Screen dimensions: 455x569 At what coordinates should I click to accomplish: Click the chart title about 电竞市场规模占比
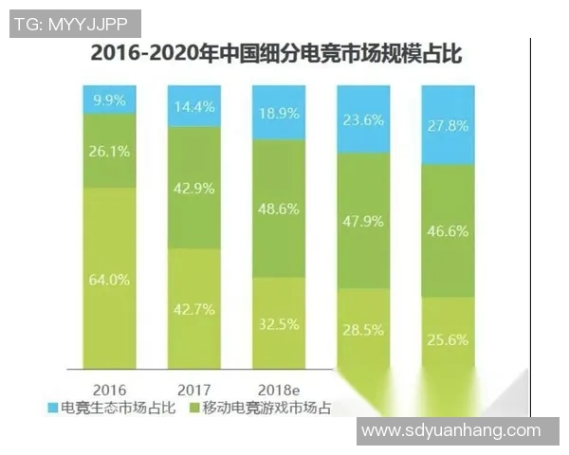tap(275, 54)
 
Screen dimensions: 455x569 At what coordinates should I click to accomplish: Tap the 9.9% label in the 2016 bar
tap(108, 99)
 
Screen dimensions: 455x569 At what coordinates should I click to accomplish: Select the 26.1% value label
tap(108, 150)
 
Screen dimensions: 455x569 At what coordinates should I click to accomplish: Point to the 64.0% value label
tap(108, 279)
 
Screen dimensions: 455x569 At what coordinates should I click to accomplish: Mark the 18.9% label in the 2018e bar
tap(280, 114)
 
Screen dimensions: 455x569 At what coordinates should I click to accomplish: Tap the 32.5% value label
tap(280, 323)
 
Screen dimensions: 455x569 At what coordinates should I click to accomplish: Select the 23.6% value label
tap(365, 120)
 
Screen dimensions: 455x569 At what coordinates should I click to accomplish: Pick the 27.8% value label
tap(449, 127)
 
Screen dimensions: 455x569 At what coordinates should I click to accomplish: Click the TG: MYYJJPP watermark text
tap(75, 24)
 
